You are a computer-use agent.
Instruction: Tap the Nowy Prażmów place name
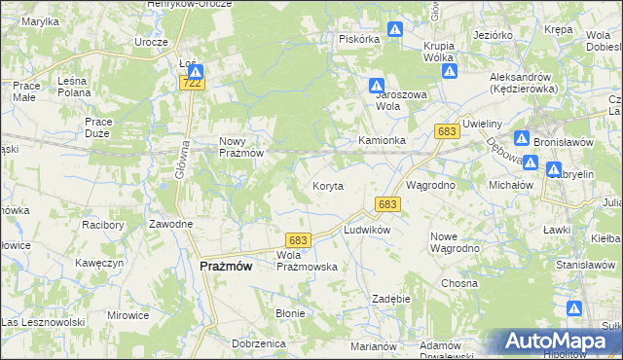pos(237,146)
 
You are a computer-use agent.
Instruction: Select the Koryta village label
pos(327,186)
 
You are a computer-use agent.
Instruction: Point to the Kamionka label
pos(382,141)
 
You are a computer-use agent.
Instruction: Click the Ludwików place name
pos(366,230)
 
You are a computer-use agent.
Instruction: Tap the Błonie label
pos(290,313)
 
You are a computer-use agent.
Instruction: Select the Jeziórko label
pos(493,35)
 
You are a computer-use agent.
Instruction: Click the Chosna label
pos(458,283)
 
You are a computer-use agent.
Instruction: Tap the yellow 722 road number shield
pos(193,86)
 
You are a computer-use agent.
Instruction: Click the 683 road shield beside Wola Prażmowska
pos(297,240)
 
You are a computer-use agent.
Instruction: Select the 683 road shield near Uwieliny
pos(448,131)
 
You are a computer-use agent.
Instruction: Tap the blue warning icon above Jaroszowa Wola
pos(377,86)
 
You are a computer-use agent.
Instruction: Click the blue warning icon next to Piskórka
pos(395,30)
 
